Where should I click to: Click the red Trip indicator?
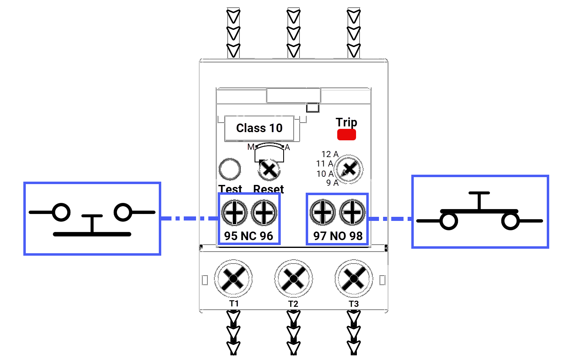coord(346,135)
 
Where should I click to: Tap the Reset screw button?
coord(269,169)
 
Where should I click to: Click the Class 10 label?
coord(259,128)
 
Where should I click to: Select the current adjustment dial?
coord(349,169)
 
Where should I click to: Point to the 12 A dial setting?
coord(330,154)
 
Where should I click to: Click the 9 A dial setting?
coord(332,183)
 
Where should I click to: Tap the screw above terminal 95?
coord(234,213)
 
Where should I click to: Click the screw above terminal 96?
coord(264,213)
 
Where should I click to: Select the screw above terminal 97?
coord(323,213)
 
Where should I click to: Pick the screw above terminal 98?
coord(352,213)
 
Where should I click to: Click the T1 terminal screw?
coord(233,279)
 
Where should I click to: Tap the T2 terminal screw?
coord(293,279)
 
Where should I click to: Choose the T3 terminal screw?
coord(354,279)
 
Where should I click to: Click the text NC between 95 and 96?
coord(248,236)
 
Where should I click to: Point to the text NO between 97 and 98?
coord(338,236)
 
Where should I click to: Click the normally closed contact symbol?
coord(92,219)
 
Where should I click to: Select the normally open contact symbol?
coord(480,212)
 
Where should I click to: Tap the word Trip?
coord(346,122)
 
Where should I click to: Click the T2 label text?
coord(293,304)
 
